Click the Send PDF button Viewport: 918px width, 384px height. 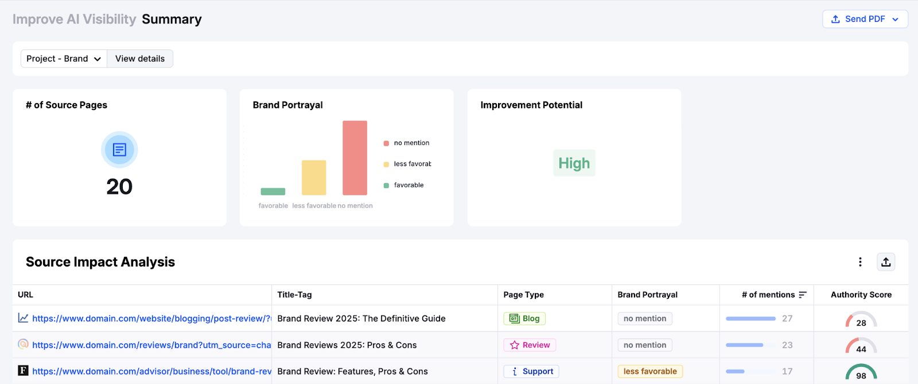(865, 19)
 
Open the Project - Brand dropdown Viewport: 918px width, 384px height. (64, 58)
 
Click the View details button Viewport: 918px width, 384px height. (140, 58)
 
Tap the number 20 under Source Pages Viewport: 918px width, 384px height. (119, 187)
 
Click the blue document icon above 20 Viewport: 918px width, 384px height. (119, 150)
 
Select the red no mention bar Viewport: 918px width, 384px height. (355, 158)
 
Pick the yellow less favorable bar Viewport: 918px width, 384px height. (314, 178)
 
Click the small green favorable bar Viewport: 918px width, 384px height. (273, 191)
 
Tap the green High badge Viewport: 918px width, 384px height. (574, 163)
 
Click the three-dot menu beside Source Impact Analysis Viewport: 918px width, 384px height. (860, 262)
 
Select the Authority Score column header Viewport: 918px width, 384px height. (861, 295)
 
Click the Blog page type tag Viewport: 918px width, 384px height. (524, 319)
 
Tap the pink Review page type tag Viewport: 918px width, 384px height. (530, 345)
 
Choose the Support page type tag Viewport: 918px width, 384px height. (531, 371)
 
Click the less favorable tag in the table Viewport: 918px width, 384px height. (650, 371)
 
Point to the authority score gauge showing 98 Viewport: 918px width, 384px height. (861, 373)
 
